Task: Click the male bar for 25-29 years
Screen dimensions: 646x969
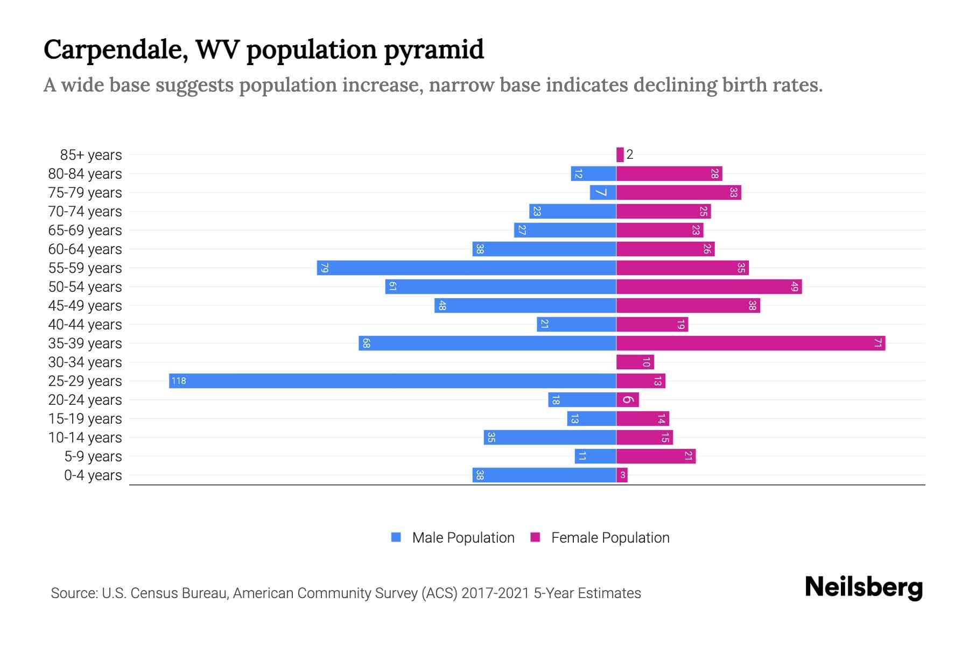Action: (x=392, y=381)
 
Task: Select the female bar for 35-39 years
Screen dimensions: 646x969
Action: (x=750, y=343)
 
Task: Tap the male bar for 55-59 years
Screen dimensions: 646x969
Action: (x=466, y=268)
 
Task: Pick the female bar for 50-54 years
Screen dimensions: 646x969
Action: (x=709, y=287)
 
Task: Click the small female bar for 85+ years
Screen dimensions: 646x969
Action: (x=620, y=155)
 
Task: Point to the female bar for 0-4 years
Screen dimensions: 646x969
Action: (x=622, y=475)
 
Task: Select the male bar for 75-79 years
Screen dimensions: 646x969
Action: (x=603, y=193)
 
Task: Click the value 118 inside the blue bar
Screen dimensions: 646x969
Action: (x=178, y=381)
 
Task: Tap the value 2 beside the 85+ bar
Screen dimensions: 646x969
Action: (x=630, y=155)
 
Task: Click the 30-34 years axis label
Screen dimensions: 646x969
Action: (x=85, y=362)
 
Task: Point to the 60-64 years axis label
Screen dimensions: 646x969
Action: (x=85, y=249)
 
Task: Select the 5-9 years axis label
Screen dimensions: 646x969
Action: (x=93, y=457)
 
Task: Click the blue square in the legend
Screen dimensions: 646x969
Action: (x=396, y=537)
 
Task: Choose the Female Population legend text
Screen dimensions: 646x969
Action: (x=610, y=538)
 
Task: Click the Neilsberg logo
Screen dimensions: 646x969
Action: (x=863, y=587)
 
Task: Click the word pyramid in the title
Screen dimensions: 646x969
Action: (x=434, y=50)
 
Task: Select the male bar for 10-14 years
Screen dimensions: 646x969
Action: (x=550, y=438)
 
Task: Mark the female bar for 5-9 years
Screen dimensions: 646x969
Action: (x=656, y=457)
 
